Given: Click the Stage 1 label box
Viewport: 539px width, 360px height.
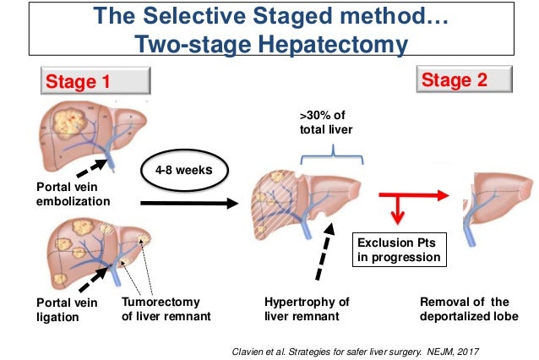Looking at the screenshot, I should [95, 82].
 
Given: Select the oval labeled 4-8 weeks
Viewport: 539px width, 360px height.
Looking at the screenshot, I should [177, 169].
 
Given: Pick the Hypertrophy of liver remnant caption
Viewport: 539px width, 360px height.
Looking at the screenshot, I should [307, 309].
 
